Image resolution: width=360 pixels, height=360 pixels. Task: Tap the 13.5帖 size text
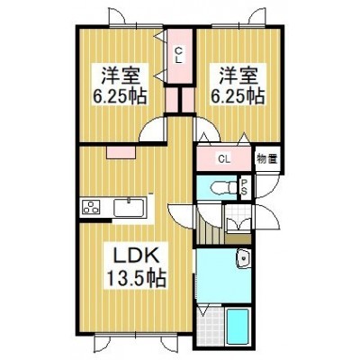tap(135, 279)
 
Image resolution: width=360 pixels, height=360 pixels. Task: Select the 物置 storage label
tap(267, 158)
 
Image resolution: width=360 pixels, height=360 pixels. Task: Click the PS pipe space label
tap(245, 186)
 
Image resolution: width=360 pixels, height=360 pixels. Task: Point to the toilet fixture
tap(223, 188)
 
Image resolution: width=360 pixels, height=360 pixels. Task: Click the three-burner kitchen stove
tap(92, 207)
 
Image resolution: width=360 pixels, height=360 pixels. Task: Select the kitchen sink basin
tap(129, 207)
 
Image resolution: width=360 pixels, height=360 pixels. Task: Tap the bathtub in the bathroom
tap(238, 327)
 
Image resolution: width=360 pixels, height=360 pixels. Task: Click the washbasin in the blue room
tap(243, 258)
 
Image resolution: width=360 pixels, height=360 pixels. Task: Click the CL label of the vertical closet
tap(179, 55)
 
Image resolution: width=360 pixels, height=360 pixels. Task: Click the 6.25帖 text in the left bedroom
tap(120, 96)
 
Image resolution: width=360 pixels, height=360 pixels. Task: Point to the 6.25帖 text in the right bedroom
tap(238, 96)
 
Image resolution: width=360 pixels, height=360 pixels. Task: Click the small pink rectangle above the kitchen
tap(121, 152)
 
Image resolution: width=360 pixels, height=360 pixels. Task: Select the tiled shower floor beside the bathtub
tap(211, 326)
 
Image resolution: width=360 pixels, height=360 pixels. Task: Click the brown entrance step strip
tap(238, 239)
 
